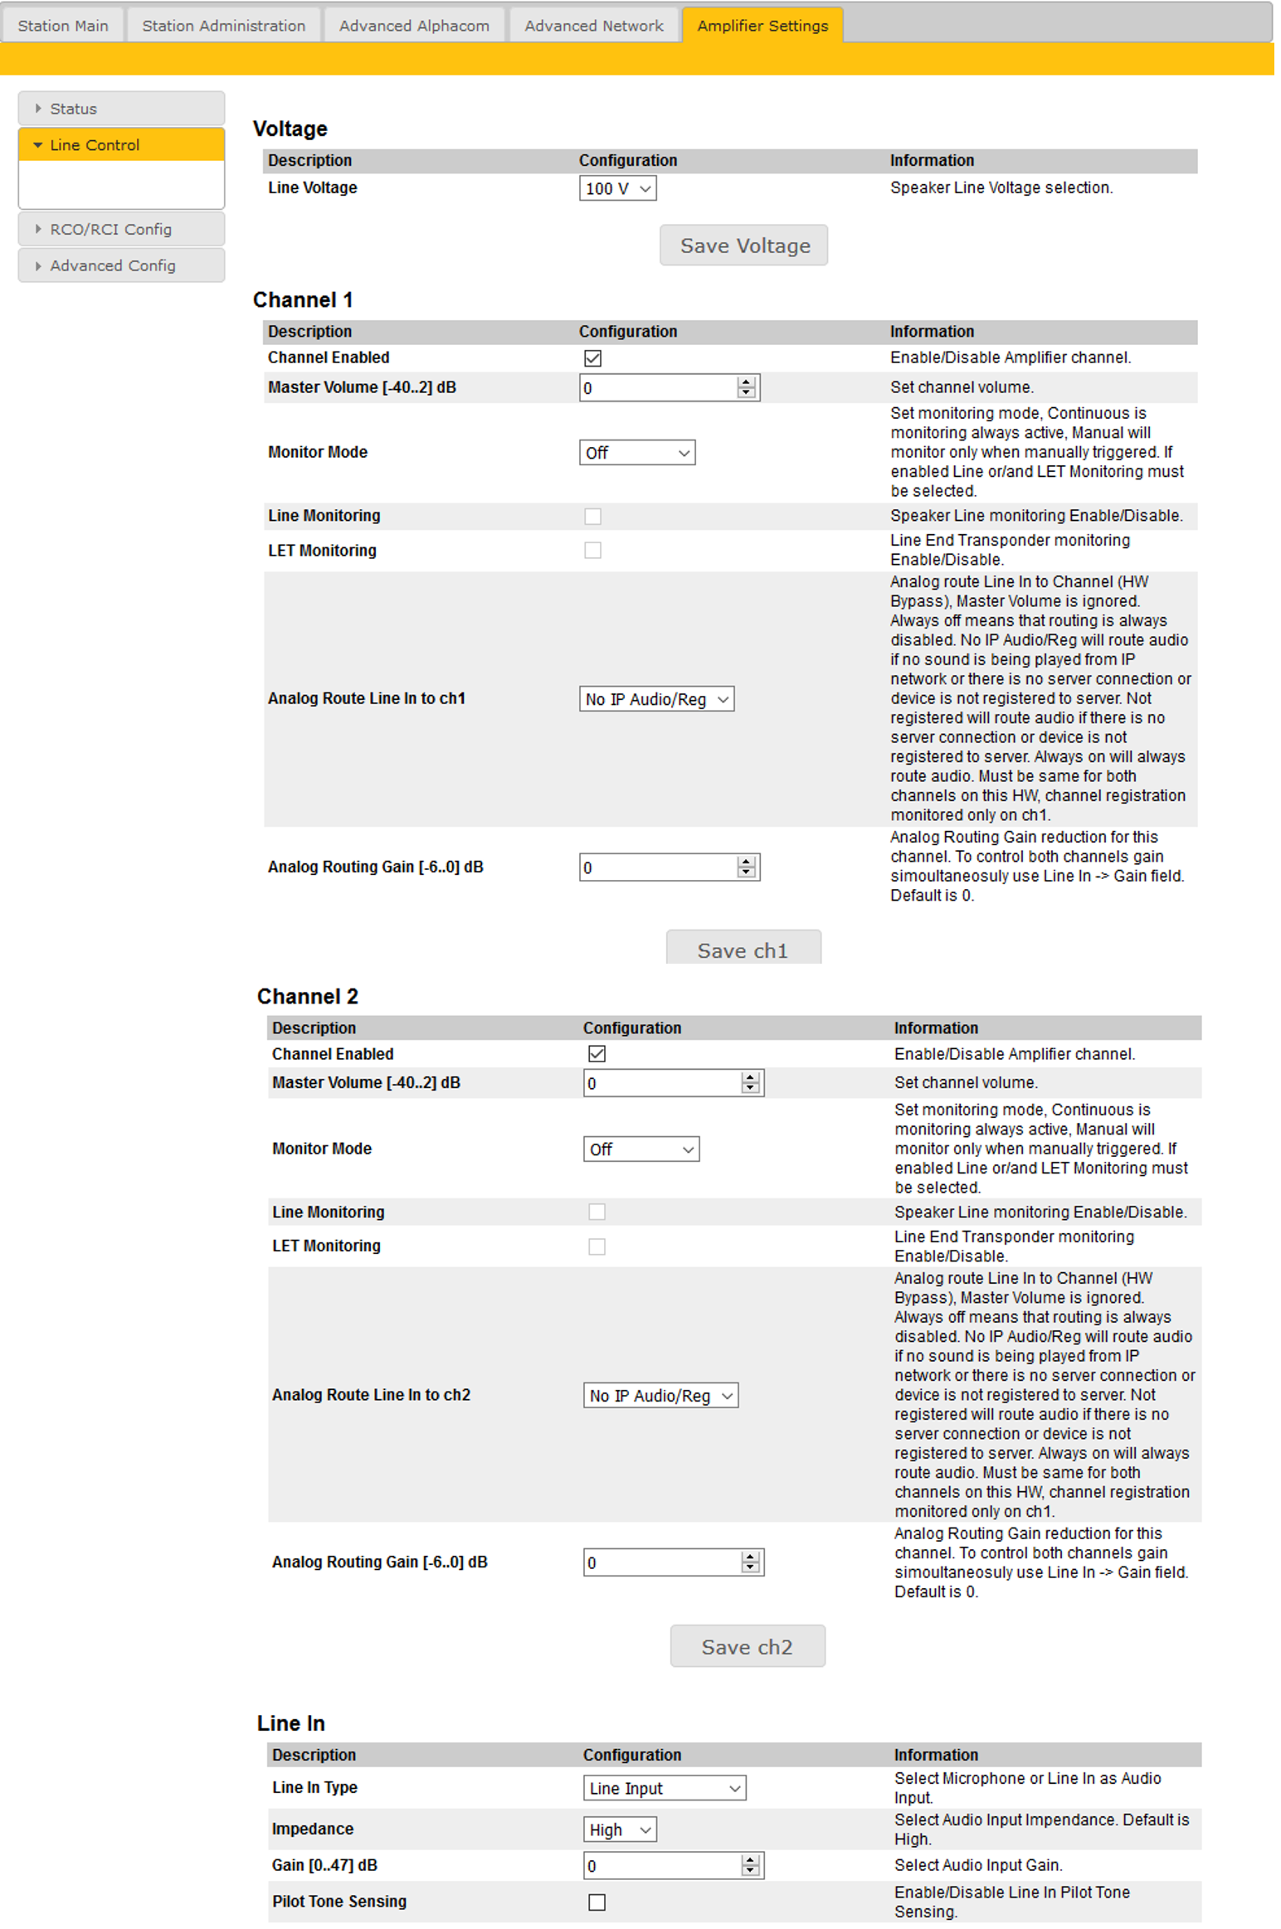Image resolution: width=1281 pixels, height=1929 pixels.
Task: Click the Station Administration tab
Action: [x=223, y=26]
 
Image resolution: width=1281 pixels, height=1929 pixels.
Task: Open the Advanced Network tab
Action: [x=593, y=26]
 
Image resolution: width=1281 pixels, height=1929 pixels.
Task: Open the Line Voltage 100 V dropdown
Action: [x=617, y=189]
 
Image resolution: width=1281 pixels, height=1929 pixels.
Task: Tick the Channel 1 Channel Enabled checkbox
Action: [x=592, y=358]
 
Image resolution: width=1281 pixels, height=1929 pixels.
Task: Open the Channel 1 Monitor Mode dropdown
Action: [x=636, y=453]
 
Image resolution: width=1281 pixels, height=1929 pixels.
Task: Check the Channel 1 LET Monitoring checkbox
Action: [x=592, y=551]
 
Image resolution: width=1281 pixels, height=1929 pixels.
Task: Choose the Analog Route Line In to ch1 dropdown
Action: [x=656, y=700]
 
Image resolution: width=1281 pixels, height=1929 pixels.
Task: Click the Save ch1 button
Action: [x=743, y=950]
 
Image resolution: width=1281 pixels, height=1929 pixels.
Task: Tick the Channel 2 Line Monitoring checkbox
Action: [x=597, y=1212]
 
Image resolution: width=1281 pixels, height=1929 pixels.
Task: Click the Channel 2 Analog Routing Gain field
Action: [x=661, y=1563]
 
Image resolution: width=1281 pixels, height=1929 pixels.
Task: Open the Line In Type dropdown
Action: [x=664, y=1789]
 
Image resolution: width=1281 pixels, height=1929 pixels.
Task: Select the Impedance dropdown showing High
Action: [x=620, y=1830]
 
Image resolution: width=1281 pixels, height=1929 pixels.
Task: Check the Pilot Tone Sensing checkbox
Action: [x=597, y=1902]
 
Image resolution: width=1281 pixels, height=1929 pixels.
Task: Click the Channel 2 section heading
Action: [x=307, y=997]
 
